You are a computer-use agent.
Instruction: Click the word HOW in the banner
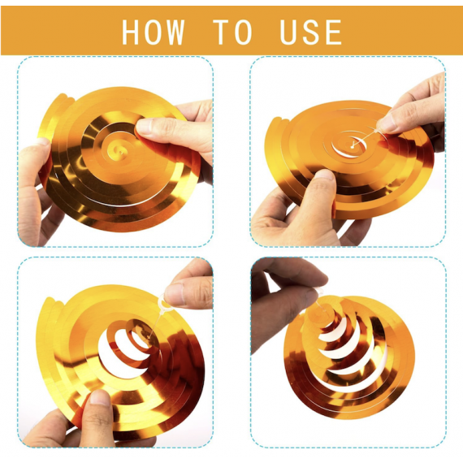click(x=154, y=32)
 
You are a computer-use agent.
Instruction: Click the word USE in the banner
click(x=310, y=32)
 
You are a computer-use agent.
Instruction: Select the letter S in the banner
click(x=310, y=32)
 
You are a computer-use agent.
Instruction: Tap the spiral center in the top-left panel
click(x=118, y=150)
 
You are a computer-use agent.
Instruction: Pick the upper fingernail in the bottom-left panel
click(x=174, y=293)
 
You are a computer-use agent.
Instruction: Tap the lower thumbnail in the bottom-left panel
click(x=100, y=398)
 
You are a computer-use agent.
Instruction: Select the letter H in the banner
click(x=131, y=32)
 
